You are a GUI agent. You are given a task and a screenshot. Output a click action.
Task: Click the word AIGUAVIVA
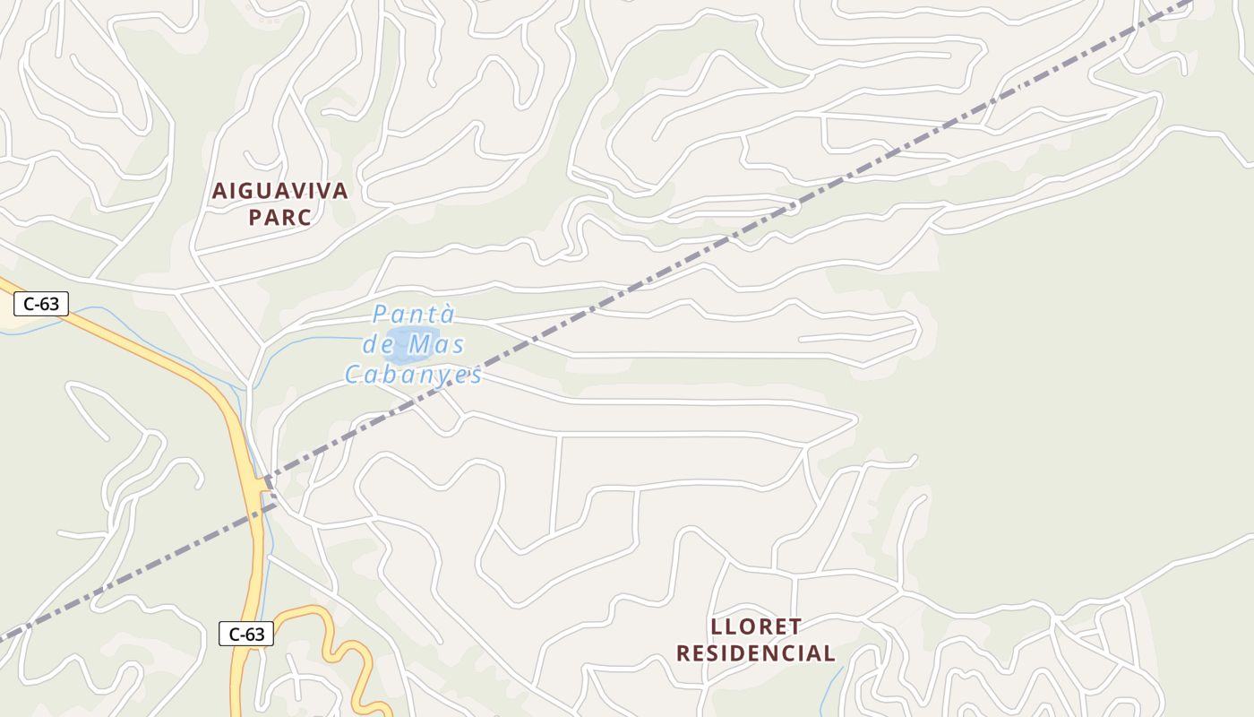[x=279, y=191]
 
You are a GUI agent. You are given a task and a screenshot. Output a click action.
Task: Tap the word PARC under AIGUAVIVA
[x=279, y=218]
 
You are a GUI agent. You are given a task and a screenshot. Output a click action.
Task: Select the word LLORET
[x=755, y=626]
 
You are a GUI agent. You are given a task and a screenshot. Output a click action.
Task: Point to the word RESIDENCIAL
[x=755, y=653]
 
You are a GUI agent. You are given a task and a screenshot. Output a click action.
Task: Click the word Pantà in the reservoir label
[x=414, y=315]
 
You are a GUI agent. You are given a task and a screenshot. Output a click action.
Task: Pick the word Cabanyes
[x=414, y=375]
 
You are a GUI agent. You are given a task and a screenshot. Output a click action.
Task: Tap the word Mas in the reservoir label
[x=439, y=344]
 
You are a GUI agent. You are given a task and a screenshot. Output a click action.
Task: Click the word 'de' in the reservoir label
[x=379, y=344]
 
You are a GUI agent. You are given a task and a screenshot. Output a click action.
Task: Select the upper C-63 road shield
[x=41, y=304]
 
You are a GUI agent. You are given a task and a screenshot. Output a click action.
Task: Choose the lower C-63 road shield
[x=246, y=634]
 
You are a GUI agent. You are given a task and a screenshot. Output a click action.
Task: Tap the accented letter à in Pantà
[x=447, y=315]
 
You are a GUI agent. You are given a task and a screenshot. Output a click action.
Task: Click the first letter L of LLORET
[x=716, y=626]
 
